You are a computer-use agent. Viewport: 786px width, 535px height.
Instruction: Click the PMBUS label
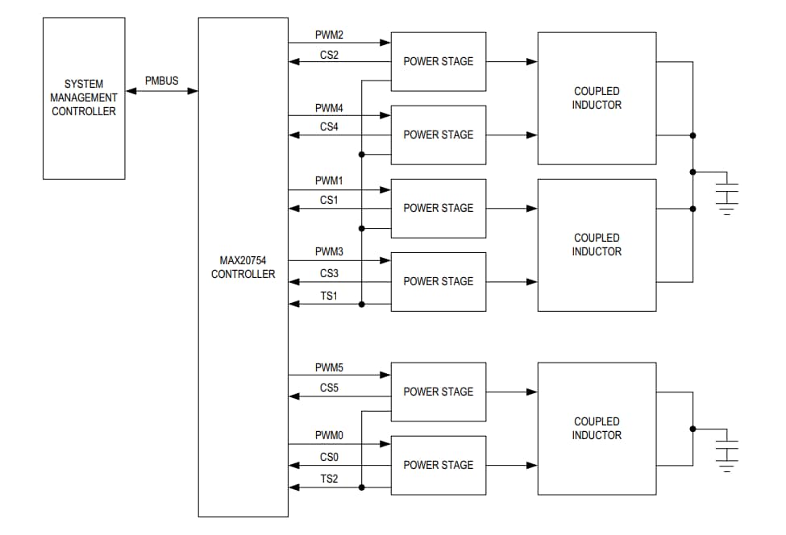pyautogui.click(x=161, y=81)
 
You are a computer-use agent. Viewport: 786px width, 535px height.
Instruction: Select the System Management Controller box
pyautogui.click(x=84, y=98)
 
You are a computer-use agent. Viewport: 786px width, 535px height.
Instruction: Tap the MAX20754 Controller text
pyautogui.click(x=243, y=267)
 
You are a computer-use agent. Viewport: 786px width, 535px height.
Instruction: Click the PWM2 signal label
pyautogui.click(x=329, y=35)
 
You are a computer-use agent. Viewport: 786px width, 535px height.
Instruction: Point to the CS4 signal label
pyautogui.click(x=329, y=126)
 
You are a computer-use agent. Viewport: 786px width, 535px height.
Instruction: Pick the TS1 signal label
pyautogui.click(x=329, y=296)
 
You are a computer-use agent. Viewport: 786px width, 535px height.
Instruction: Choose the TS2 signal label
pyautogui.click(x=329, y=479)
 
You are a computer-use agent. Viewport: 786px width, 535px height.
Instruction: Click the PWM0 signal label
pyautogui.click(x=329, y=435)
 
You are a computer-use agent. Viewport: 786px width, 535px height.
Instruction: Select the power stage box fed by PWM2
pyautogui.click(x=439, y=61)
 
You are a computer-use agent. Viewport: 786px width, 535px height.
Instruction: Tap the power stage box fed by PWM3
pyautogui.click(x=439, y=281)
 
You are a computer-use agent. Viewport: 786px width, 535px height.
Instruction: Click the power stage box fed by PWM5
pyautogui.click(x=439, y=392)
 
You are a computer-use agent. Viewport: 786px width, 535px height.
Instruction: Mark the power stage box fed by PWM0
pyautogui.click(x=439, y=465)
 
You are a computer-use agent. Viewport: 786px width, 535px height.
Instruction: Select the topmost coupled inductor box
pyautogui.click(x=597, y=98)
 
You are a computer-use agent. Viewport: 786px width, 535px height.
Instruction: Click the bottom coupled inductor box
pyautogui.click(x=597, y=429)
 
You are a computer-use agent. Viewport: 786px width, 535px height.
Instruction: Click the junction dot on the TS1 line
pyautogui.click(x=362, y=304)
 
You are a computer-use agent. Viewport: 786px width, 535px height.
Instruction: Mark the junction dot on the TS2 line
pyautogui.click(x=362, y=487)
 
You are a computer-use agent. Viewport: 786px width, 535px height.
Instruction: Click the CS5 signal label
pyautogui.click(x=329, y=388)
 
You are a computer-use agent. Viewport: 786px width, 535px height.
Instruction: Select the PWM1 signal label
pyautogui.click(x=329, y=181)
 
